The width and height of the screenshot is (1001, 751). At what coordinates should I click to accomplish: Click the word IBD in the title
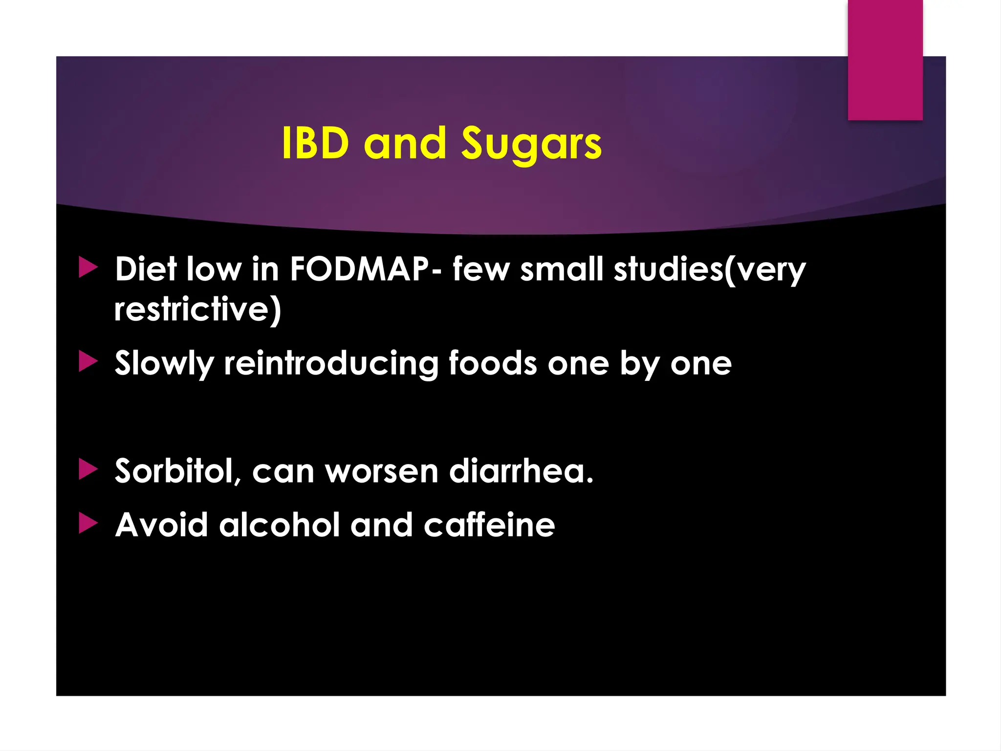(315, 143)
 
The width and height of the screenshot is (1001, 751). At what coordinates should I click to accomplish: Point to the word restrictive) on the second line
(197, 309)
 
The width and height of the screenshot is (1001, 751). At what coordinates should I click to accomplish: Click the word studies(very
(709, 270)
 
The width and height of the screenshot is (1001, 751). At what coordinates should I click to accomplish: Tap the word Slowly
(164, 364)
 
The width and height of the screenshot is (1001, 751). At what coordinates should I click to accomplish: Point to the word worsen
(382, 471)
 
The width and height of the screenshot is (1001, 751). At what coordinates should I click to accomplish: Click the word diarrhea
(521, 471)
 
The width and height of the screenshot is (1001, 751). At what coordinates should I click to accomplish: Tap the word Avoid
(161, 525)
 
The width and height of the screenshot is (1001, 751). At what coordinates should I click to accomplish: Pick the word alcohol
(279, 525)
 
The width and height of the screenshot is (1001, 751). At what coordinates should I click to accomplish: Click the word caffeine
(489, 525)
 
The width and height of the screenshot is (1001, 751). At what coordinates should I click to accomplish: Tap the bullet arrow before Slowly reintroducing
(88, 362)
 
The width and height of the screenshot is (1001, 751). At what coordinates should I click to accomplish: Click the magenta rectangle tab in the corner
(885, 60)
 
